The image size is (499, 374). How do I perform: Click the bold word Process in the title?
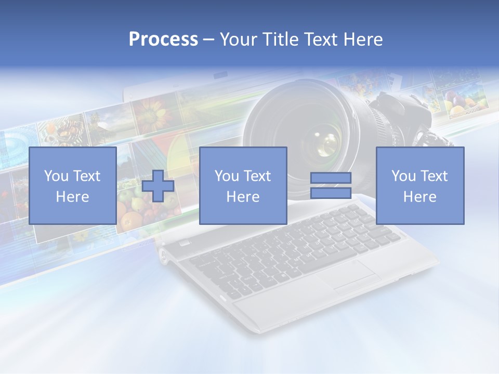(x=163, y=39)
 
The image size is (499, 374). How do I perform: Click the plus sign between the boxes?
(x=158, y=185)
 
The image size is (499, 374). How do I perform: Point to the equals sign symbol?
(x=331, y=185)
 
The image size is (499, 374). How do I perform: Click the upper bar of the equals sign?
(x=331, y=178)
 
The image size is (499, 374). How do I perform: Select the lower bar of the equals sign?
(x=331, y=193)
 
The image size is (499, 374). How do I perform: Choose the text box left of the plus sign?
(x=72, y=185)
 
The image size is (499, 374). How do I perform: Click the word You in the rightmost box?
(x=403, y=176)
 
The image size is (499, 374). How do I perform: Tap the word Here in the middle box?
(x=243, y=197)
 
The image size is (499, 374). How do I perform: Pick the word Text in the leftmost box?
(x=87, y=176)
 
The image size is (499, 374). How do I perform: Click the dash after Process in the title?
(x=209, y=40)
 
